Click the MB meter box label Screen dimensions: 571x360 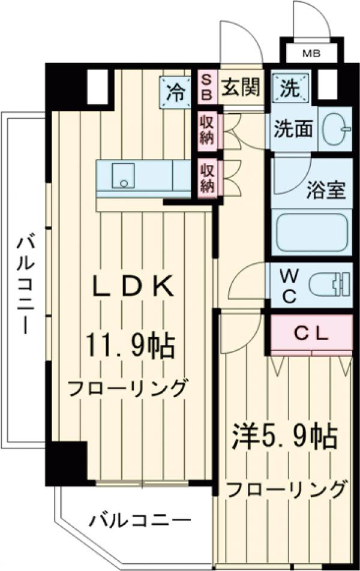310,53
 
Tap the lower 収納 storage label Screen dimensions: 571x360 207,177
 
